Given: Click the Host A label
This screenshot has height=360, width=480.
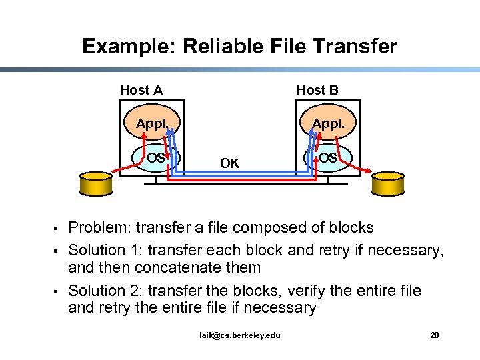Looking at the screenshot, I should click(141, 90).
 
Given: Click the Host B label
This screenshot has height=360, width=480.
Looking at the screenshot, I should click(317, 90).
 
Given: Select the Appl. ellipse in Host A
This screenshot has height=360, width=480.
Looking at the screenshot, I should click(151, 124).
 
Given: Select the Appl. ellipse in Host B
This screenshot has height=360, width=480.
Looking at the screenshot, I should click(328, 124).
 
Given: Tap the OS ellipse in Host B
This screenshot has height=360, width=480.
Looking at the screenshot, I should click(327, 158).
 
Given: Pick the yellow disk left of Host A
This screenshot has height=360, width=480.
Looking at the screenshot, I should click(95, 183).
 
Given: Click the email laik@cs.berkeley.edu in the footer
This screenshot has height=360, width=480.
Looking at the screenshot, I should click(240, 335).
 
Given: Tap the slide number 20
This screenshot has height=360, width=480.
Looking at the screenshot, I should click(435, 335).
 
